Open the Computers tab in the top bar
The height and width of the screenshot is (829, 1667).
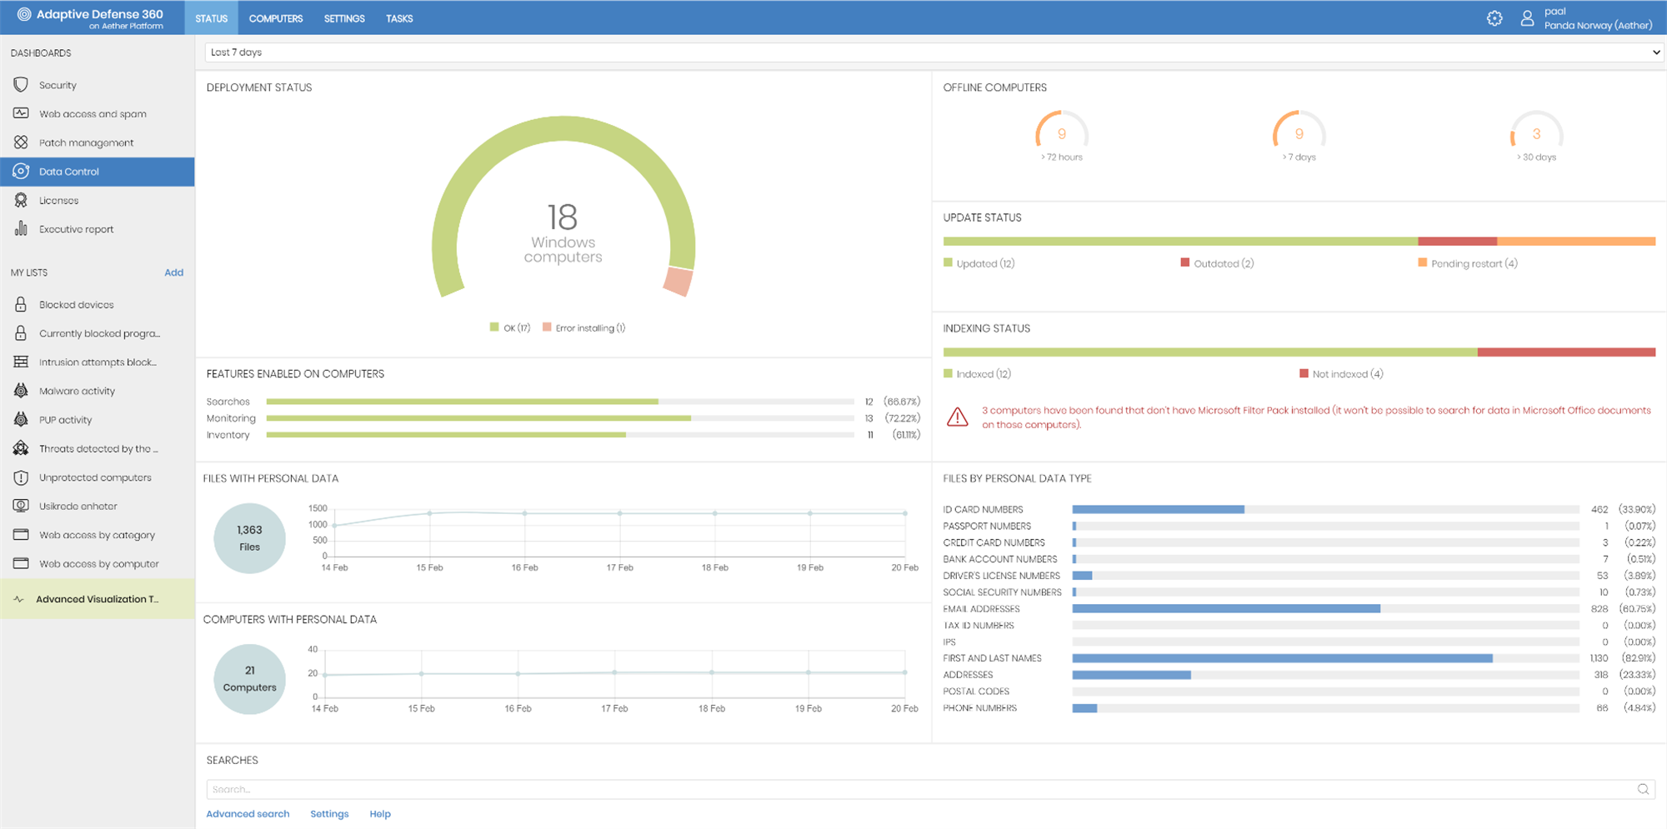click(x=275, y=18)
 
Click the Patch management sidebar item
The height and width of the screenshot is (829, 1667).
click(x=86, y=142)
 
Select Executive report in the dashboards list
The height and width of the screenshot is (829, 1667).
click(x=76, y=229)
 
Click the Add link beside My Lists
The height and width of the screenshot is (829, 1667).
click(x=173, y=272)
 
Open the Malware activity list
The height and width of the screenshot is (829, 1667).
click(x=77, y=391)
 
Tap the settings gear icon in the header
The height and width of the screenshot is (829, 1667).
click(x=1494, y=18)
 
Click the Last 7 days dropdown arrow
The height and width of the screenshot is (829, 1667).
click(x=1655, y=52)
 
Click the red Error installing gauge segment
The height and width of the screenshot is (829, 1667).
click(x=678, y=282)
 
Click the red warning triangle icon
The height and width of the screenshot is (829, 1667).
click(x=958, y=417)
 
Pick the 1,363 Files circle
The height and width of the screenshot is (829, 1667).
click(x=249, y=538)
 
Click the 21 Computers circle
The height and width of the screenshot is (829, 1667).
click(x=249, y=679)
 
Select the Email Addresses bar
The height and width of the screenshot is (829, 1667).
click(x=1225, y=609)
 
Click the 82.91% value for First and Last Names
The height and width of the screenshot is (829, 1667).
click(x=1638, y=658)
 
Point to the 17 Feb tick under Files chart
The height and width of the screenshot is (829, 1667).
click(x=619, y=567)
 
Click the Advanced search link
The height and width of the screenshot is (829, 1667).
click(x=248, y=814)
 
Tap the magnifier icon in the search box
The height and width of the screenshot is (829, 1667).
click(x=1643, y=789)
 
